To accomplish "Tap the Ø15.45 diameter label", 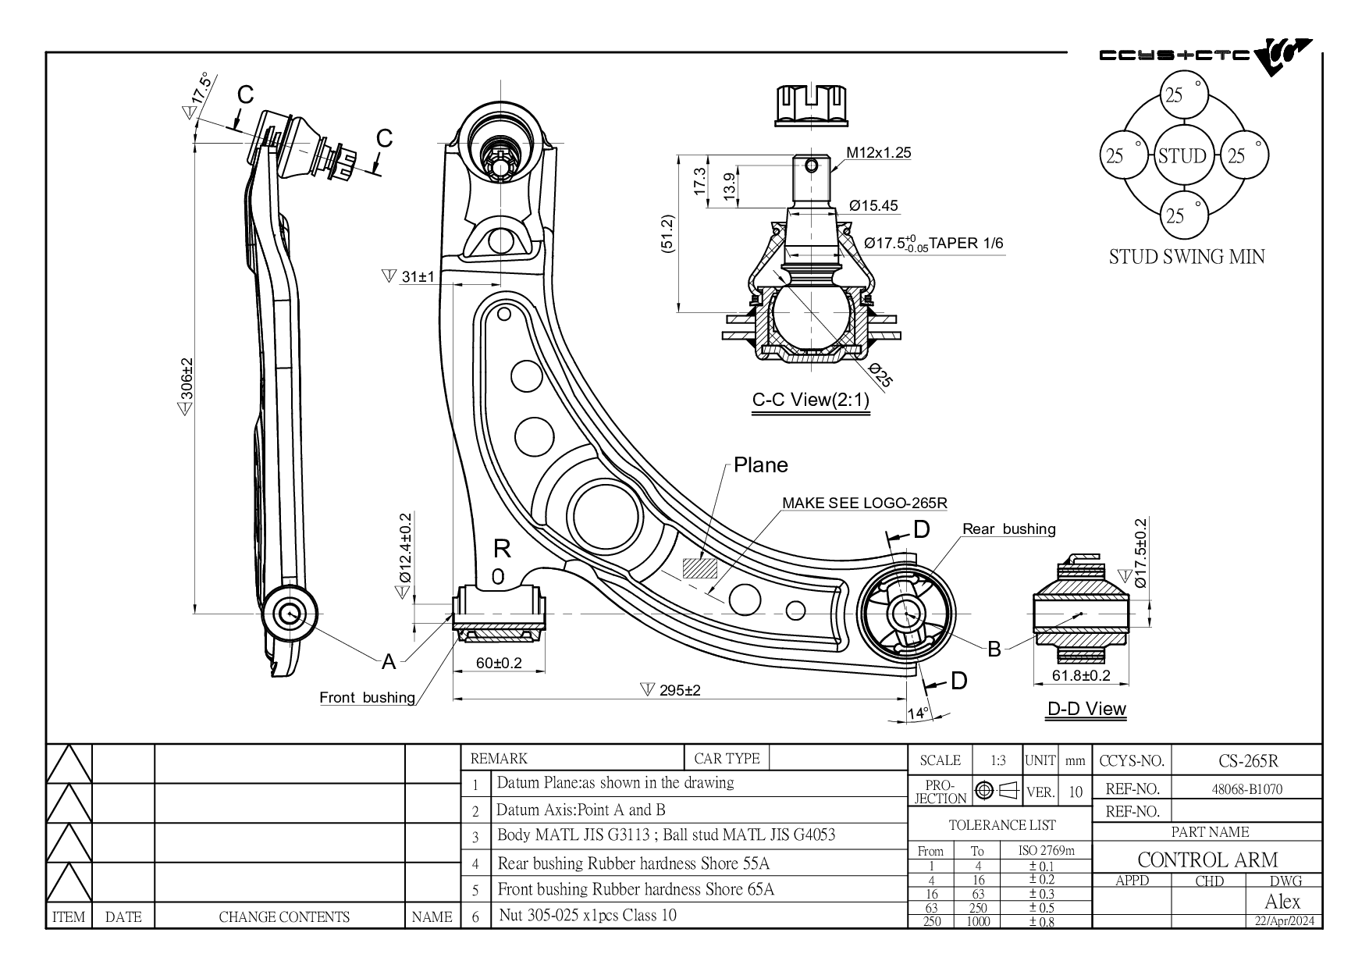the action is click(x=873, y=206).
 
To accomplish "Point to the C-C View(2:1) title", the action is click(x=810, y=400).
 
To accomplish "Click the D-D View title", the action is click(x=1086, y=709).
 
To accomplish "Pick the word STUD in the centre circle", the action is click(x=1182, y=156).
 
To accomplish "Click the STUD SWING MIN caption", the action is click(x=1186, y=257).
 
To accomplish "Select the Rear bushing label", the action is click(x=1008, y=528).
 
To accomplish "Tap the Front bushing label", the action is click(x=367, y=697).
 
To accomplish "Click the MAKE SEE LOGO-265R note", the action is click(x=865, y=503).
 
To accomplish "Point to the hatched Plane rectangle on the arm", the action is click(x=700, y=568).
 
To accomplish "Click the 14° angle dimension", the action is click(x=918, y=714).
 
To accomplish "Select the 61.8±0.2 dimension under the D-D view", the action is click(x=1081, y=675).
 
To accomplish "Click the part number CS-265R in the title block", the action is click(x=1248, y=760).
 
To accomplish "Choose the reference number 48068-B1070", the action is click(x=1246, y=789).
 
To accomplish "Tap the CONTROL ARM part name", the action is click(x=1207, y=860).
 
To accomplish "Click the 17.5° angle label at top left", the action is click(x=202, y=89).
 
